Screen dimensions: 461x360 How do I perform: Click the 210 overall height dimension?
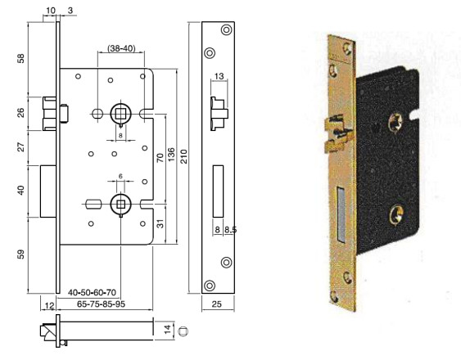pos(183,156)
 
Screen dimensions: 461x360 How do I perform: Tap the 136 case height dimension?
pos(171,155)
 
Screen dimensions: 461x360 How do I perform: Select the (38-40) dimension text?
pos(121,48)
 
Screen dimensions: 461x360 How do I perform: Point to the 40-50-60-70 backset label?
pos(92,292)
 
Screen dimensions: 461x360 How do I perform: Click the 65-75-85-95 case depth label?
pos(102,304)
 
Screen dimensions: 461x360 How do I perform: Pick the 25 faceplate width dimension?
pos(217,304)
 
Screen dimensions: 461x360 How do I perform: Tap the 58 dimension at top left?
pos(21,58)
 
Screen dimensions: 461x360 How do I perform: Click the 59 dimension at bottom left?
pos(21,254)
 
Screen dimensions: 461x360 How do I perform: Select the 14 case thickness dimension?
pos(167,329)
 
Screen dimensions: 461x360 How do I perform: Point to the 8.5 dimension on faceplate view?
pos(231,230)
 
